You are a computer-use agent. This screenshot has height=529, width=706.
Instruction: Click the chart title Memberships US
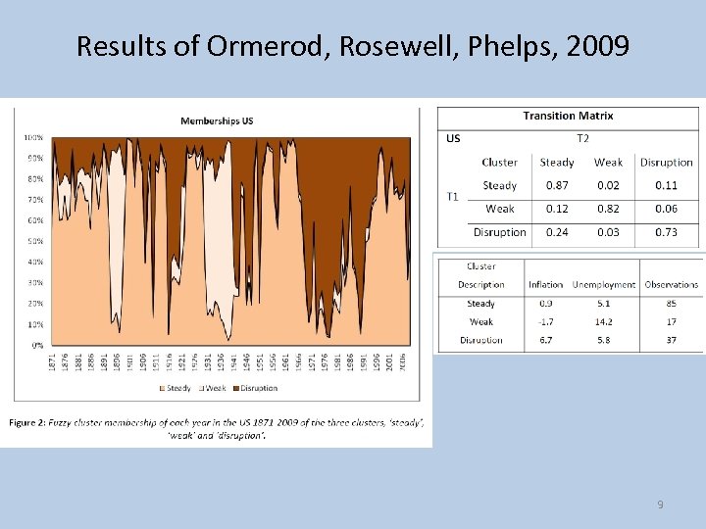click(217, 120)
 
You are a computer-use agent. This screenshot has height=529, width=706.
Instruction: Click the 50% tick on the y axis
click(34, 241)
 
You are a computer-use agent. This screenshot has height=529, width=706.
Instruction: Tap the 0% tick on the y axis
click(36, 345)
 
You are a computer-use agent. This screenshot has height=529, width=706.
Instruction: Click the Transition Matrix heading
click(568, 116)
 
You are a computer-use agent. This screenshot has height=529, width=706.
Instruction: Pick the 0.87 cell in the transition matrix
click(557, 185)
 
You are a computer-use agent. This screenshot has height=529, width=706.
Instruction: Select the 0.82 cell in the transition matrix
click(608, 209)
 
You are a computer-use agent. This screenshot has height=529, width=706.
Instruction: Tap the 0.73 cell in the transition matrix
click(666, 232)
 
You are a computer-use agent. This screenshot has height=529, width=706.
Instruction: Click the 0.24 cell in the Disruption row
click(557, 232)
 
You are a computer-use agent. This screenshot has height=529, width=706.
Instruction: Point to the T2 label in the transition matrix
click(582, 138)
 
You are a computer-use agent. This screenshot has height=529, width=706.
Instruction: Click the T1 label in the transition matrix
click(452, 196)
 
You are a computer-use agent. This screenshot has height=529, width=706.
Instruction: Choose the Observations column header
click(672, 285)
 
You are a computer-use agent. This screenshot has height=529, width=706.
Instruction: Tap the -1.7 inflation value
click(545, 321)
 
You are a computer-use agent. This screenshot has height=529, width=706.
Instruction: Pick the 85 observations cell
click(672, 304)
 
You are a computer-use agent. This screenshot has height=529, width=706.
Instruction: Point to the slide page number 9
click(660, 505)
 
